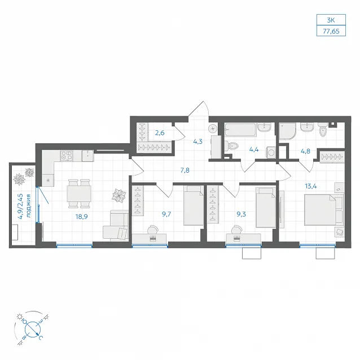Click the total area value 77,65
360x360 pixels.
[331, 31]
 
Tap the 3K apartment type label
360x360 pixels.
[331, 20]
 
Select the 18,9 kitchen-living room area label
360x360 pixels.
[81, 217]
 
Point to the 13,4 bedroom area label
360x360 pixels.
[311, 186]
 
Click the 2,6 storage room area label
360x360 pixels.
[160, 133]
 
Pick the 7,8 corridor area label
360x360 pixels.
[185, 170]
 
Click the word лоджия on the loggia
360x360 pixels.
[28, 206]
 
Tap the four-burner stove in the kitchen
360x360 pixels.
[67, 156]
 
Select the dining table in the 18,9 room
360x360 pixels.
[79, 194]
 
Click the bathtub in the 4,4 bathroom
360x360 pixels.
[240, 130]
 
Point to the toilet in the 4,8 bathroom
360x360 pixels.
[323, 130]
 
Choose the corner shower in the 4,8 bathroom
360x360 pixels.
[287, 131]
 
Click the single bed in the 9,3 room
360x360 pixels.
[266, 207]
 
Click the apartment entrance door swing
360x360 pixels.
[199, 108]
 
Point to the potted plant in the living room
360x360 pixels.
[119, 196]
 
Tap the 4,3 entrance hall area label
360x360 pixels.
[197, 142]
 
